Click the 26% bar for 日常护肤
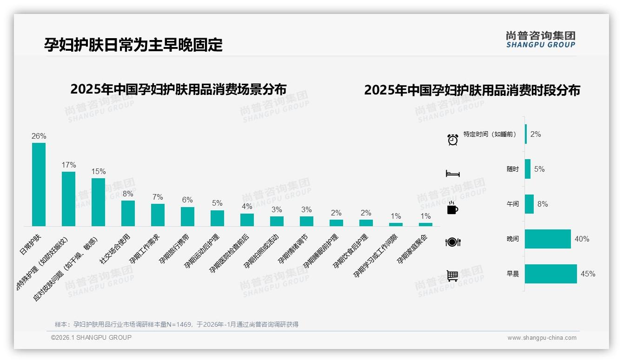pos(39,184)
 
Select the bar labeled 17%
pos(68,199)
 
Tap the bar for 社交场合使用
pos(128,213)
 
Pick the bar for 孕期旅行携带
pos(187,216)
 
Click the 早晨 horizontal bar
pos(550,274)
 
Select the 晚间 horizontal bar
pos(548,239)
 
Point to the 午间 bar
pos(529,204)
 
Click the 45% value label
pos(588,274)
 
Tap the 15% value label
pos(98,171)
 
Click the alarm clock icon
pos(452,140)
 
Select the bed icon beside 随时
pos(452,174)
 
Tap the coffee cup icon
pos(452,208)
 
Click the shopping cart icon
pos(452,276)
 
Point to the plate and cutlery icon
pos(452,242)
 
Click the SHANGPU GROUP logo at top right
pos(540,40)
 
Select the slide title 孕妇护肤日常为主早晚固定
pos(133,45)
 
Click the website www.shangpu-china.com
pos(542,338)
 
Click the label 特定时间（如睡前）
pos(490,134)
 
